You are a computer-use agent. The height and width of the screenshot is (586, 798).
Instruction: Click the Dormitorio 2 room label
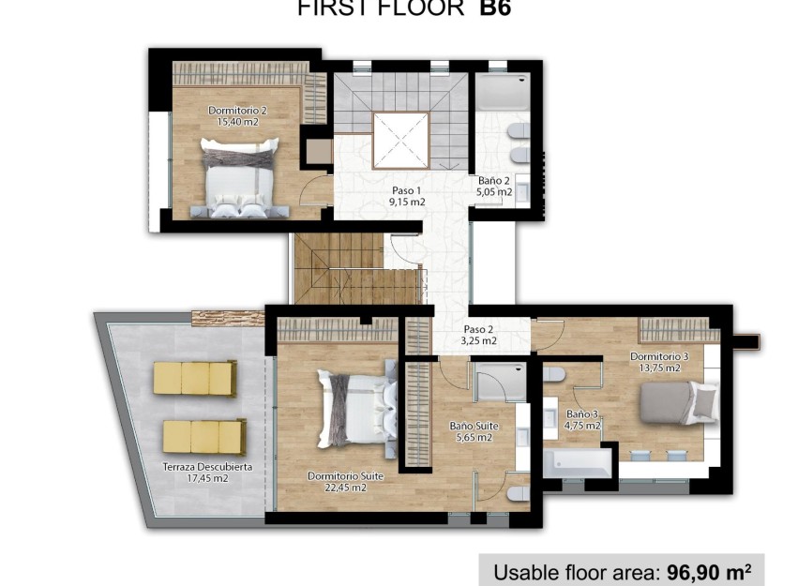point(236,111)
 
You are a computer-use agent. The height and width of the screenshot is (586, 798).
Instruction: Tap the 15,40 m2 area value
point(236,122)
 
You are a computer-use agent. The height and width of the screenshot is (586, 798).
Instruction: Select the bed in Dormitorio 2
point(239,178)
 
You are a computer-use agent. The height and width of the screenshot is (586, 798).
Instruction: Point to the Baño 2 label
point(494,181)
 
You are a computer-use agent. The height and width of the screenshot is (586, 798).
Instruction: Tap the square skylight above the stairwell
point(400,140)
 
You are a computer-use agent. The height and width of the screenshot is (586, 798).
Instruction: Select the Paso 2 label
point(478,329)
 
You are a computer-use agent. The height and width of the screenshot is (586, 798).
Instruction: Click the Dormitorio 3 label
point(659,356)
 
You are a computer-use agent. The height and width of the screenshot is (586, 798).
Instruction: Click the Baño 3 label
point(582,413)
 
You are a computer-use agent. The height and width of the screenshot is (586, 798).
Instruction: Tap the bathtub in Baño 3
point(578,462)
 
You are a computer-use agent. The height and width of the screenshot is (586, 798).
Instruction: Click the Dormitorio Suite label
point(345,476)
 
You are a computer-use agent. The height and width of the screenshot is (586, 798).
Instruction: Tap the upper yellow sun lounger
point(194,379)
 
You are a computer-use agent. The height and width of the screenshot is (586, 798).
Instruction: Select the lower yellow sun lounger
point(203,436)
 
